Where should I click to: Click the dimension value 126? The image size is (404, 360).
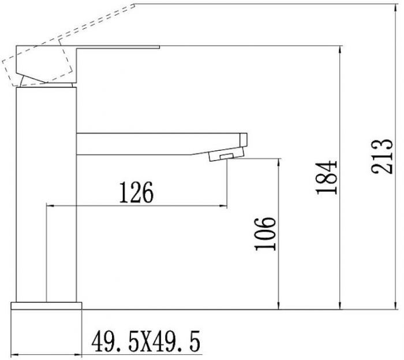click(x=136, y=193)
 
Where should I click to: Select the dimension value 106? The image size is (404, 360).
click(x=266, y=233)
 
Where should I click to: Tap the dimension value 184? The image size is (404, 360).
click(x=327, y=176)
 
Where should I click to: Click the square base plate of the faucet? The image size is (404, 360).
click(x=46, y=306)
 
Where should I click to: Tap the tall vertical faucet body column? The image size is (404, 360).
click(x=46, y=191)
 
